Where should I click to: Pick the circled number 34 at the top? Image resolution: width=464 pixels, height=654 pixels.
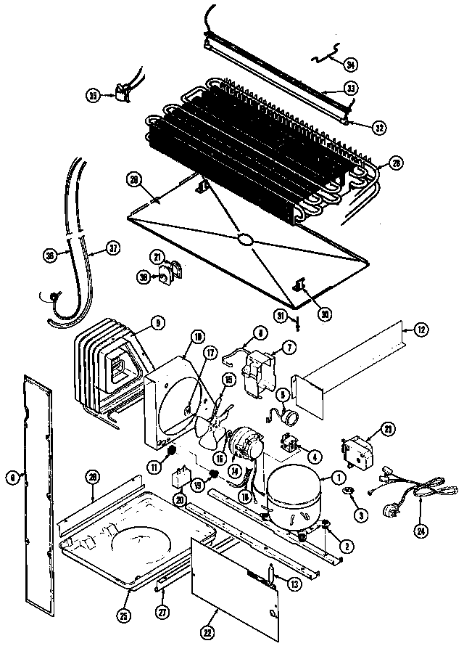coord(350,65)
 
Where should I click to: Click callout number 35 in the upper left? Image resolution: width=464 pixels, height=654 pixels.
coord(93,95)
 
